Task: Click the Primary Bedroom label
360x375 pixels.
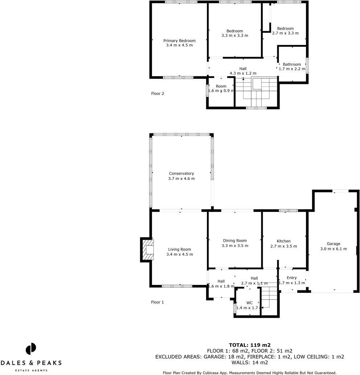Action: (179, 41)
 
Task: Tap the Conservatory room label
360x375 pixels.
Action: (181, 174)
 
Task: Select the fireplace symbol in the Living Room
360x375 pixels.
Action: (148, 250)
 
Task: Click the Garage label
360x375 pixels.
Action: (333, 244)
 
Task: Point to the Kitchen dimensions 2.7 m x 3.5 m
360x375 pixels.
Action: (283, 246)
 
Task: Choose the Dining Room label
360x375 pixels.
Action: (235, 241)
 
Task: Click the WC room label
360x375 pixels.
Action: (249, 303)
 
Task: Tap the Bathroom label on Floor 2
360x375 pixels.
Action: (292, 64)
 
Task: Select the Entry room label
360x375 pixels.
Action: (291, 278)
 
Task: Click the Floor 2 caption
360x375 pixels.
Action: (157, 93)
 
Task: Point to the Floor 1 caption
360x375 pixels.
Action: (157, 302)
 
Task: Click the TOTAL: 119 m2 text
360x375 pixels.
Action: (250, 345)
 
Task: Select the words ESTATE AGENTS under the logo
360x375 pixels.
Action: (31, 370)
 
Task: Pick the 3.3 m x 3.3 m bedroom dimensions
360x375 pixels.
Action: (234, 36)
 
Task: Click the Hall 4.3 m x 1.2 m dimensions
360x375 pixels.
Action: (243, 73)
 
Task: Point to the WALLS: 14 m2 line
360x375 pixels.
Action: (250, 362)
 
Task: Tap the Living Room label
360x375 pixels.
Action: (179, 249)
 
